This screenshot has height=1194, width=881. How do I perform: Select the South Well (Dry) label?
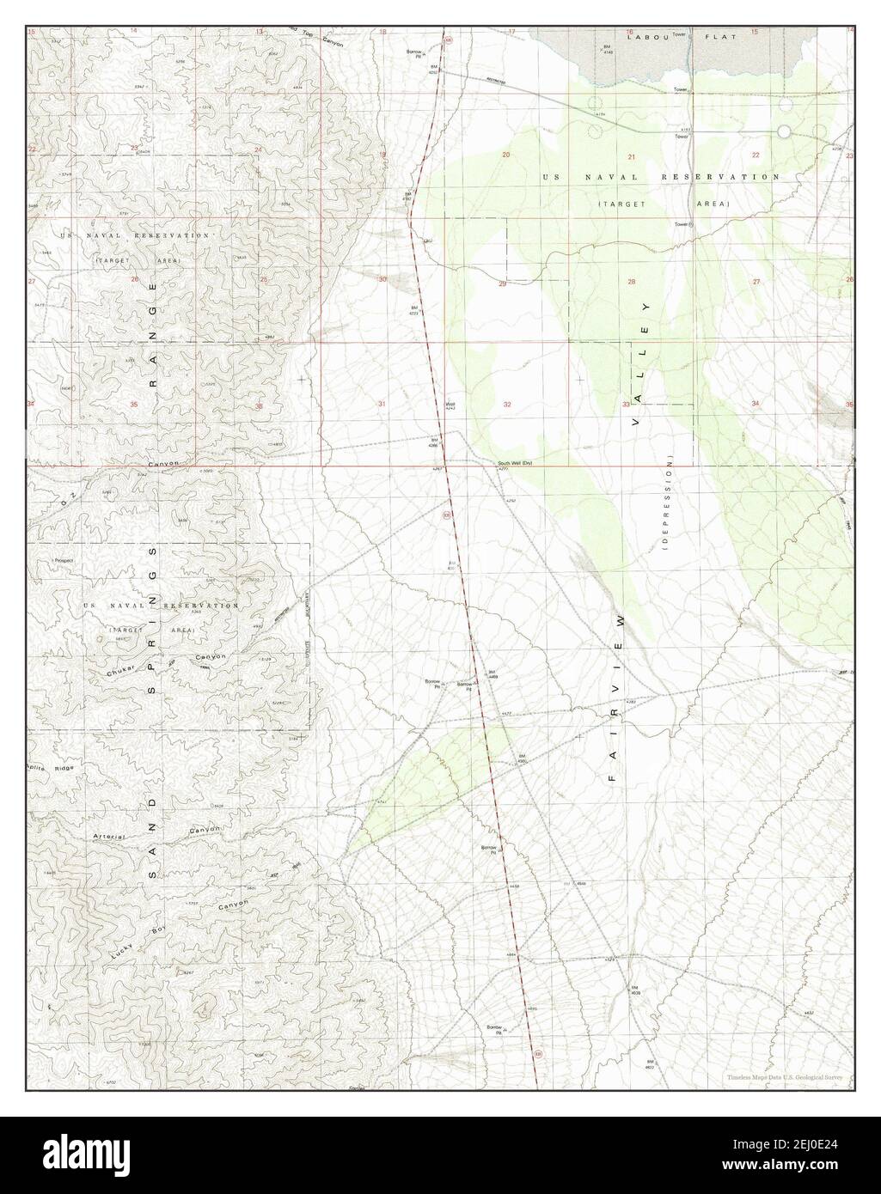[515, 465]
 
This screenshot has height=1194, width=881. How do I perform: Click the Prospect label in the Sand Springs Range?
[63, 560]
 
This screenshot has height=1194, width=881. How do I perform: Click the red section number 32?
[507, 404]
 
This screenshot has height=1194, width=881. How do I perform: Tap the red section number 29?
[503, 283]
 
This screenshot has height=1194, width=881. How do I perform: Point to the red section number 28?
[631, 282]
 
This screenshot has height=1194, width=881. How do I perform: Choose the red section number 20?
[506, 155]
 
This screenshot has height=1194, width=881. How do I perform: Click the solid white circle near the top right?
[784, 131]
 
